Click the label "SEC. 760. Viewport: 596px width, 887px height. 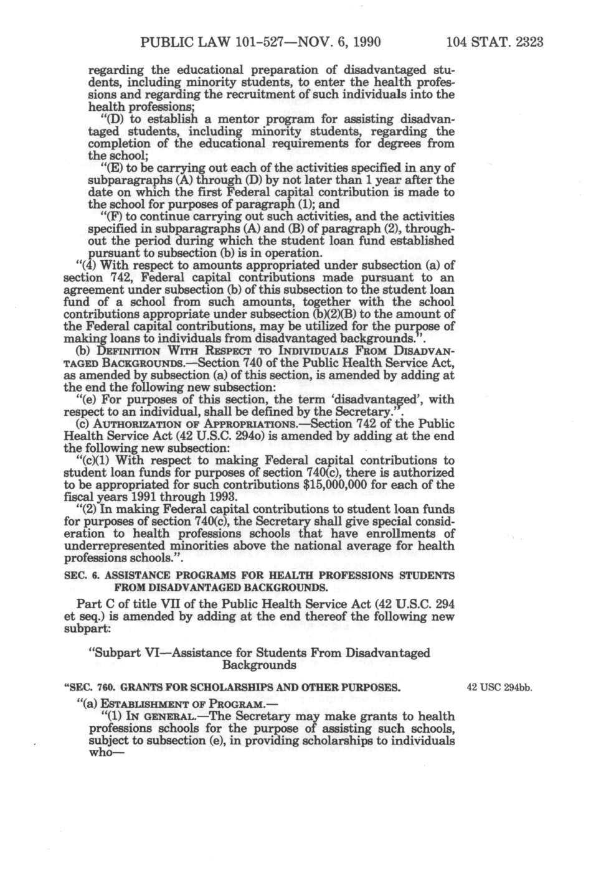[x=88, y=688]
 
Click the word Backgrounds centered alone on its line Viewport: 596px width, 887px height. [x=258, y=665]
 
